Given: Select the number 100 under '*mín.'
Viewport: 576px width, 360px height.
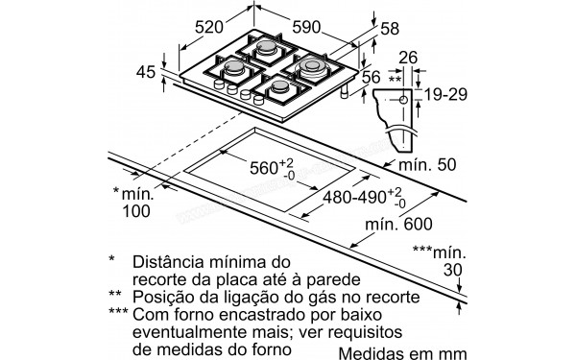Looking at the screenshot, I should pos(138,211).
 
